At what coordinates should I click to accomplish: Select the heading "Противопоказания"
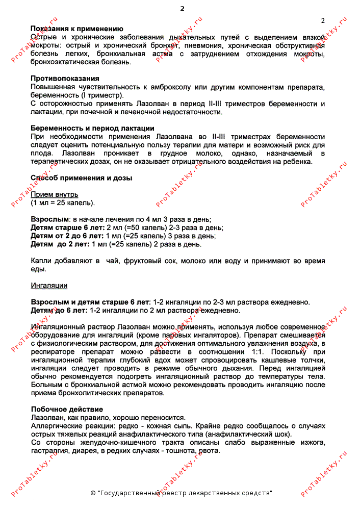[65, 79]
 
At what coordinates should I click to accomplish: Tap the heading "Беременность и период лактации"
[92, 129]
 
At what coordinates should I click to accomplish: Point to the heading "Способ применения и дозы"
[81, 178]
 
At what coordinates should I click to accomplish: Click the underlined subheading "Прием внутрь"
[55, 194]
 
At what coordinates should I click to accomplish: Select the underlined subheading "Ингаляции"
[49, 286]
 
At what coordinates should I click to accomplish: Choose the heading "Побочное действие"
[67, 410]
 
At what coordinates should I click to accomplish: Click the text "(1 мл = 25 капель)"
[63, 202]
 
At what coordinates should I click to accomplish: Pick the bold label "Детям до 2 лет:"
[60, 244]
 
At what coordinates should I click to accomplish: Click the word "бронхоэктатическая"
[64, 62]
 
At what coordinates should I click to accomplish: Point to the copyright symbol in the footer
[93, 493]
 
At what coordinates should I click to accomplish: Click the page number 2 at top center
[182, 8]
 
